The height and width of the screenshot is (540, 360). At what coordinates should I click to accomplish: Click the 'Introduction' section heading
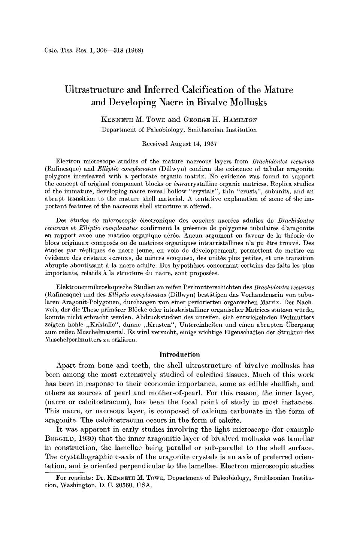tap(179, 355)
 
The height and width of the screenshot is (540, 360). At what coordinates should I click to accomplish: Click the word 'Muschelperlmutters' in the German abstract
tap(70, 340)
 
